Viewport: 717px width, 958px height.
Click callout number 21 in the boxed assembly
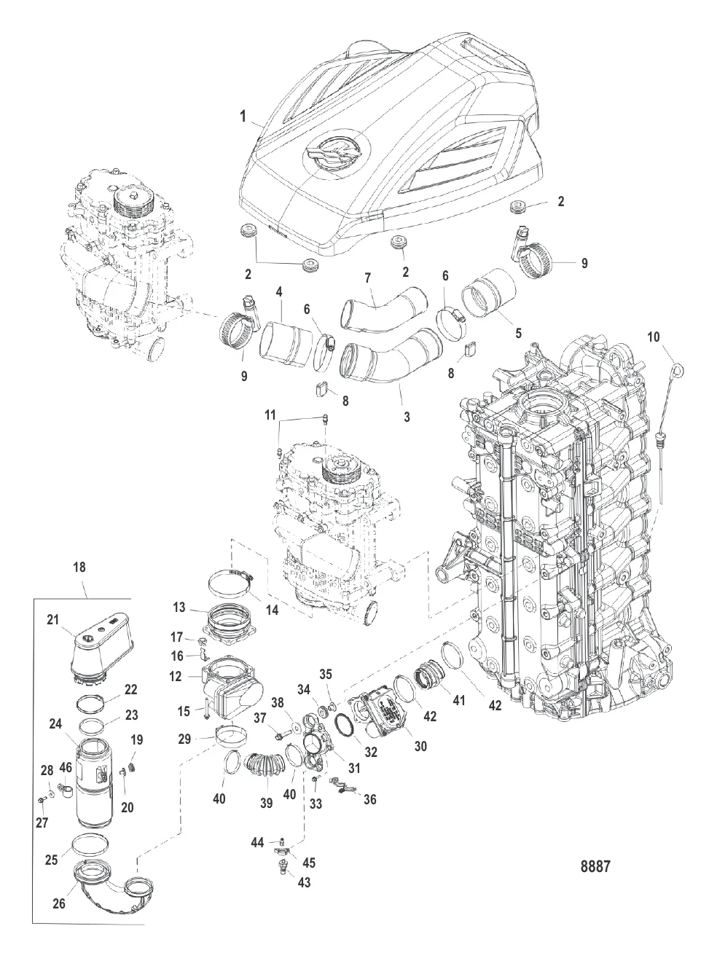52,619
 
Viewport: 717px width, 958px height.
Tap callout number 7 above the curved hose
367,278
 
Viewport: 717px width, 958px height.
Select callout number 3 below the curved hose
407,417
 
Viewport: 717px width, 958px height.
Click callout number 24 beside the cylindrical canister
55,745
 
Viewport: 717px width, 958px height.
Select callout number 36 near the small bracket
369,800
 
